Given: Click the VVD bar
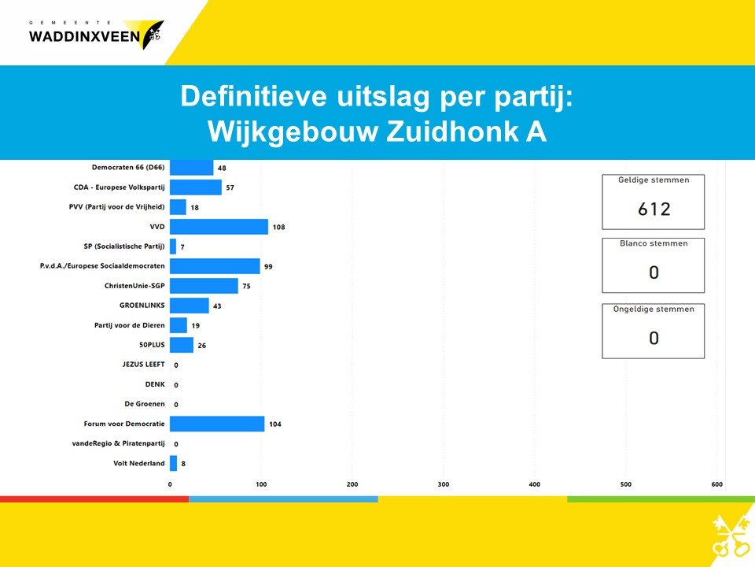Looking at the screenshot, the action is click(219, 227).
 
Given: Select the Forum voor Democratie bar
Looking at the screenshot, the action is click(217, 424).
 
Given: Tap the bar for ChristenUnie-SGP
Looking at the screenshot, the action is click(204, 285).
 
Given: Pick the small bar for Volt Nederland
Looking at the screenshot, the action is click(173, 463).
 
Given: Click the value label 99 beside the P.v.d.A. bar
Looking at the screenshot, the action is click(268, 267).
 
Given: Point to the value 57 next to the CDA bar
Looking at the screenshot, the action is click(230, 187).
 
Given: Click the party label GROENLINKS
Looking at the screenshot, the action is click(142, 306).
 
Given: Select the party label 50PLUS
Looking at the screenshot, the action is click(152, 345).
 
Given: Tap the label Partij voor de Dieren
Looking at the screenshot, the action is click(130, 325).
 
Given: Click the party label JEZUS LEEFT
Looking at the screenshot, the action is click(143, 365).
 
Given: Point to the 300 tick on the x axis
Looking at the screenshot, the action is click(444, 484).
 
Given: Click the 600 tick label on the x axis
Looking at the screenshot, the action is click(717, 484).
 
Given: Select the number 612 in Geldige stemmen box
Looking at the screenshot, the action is click(654, 209).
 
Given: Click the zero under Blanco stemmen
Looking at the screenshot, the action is click(654, 272).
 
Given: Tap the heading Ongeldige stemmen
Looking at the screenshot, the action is click(654, 309).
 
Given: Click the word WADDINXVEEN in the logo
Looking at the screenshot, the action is click(84, 37).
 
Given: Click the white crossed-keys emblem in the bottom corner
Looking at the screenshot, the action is click(731, 536).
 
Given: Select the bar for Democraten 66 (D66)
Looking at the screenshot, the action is click(192, 167).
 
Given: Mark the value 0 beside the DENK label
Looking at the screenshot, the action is click(176, 385).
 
